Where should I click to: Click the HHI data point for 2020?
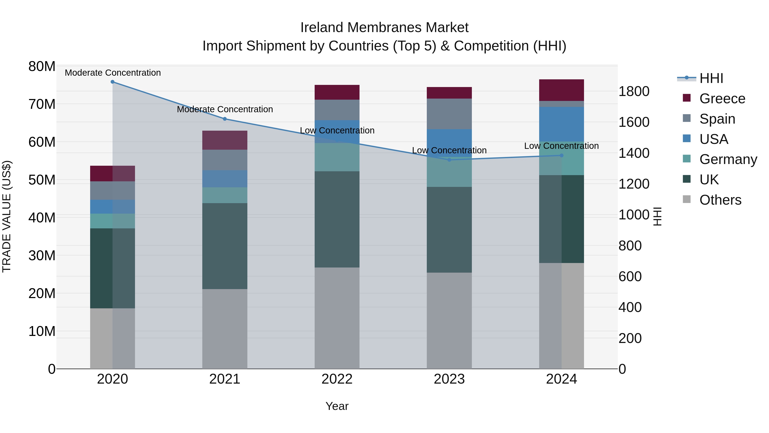click(x=113, y=82)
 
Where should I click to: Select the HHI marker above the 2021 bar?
click(x=225, y=119)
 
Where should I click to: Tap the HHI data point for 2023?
click(x=449, y=160)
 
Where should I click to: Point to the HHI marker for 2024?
click(x=562, y=155)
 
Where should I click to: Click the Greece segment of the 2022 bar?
click(x=337, y=92)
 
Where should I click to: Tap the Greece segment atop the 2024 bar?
click(x=562, y=90)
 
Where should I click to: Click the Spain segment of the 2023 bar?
click(x=449, y=114)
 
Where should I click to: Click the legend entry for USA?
click(x=713, y=139)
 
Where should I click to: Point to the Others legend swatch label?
click(x=720, y=200)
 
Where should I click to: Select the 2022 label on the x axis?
click(x=337, y=379)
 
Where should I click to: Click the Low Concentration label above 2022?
click(x=337, y=131)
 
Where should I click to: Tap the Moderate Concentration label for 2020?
click(x=113, y=73)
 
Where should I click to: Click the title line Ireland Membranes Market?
click(x=384, y=28)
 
